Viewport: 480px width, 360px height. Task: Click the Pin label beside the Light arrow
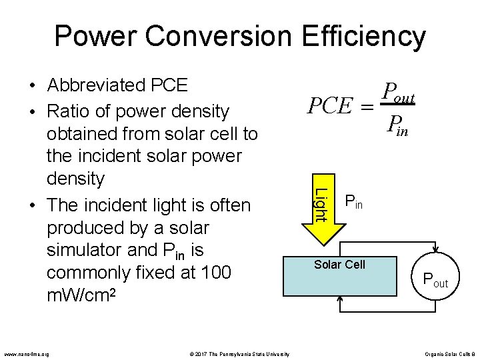pos(353,200)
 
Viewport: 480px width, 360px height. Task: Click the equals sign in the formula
pos(366,107)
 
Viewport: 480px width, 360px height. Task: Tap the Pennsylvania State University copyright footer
pos(237,353)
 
